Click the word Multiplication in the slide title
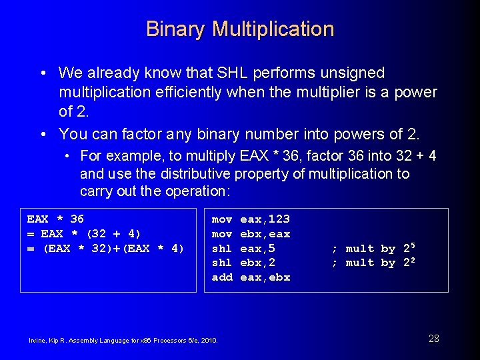[273, 29]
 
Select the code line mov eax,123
[251, 219]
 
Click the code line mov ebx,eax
[251, 234]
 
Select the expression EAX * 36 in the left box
[55, 219]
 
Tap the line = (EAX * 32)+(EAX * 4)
[105, 249]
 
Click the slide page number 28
[433, 339]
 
